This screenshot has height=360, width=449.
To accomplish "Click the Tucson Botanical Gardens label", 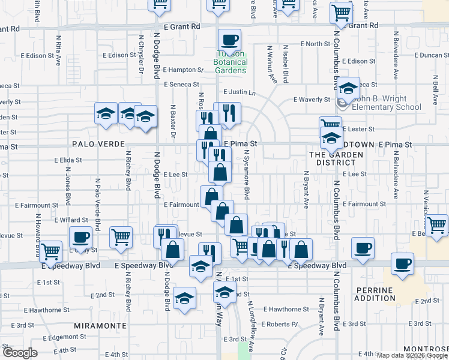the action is (x=231, y=62).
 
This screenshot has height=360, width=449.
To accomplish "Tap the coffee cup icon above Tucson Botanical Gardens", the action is (x=229, y=41).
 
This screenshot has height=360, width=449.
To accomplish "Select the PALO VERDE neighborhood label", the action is (x=98, y=145).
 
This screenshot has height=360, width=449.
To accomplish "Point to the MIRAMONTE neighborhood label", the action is (x=100, y=325).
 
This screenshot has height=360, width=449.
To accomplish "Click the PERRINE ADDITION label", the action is (x=391, y=294).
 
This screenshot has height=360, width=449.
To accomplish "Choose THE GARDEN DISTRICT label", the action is (x=336, y=158).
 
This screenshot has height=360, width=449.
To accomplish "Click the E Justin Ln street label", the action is (x=240, y=92).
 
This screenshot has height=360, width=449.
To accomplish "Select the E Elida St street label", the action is (x=67, y=160).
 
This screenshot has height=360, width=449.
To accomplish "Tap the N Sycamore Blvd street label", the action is (x=247, y=175).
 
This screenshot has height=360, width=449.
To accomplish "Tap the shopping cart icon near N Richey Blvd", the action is (x=121, y=237).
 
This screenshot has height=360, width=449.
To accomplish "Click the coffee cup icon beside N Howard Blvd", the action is (x=80, y=237).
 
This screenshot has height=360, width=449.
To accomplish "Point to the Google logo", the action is (x=20, y=353).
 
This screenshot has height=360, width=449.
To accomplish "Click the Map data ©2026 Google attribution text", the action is (x=412, y=355).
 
